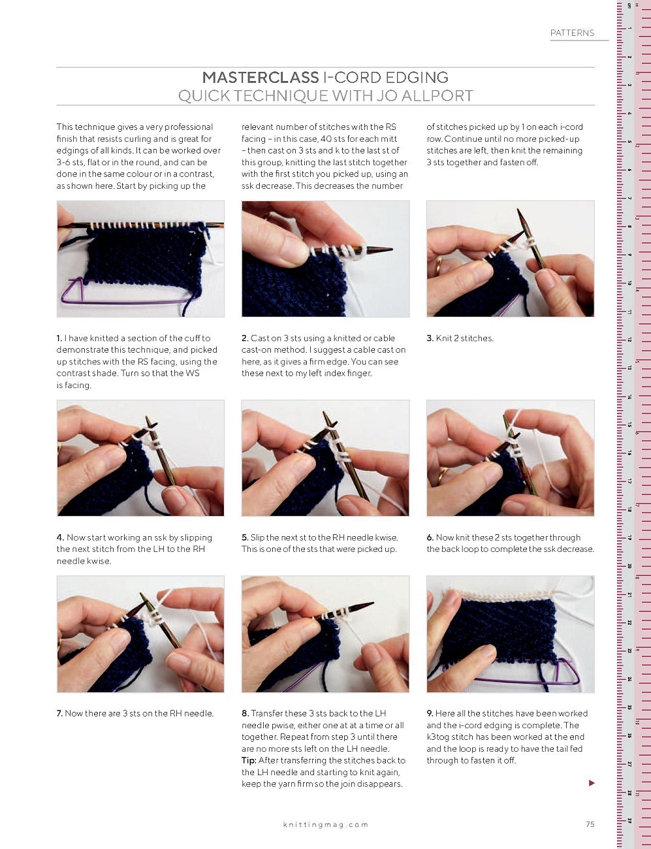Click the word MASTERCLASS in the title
coord(261,77)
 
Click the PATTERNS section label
coord(572,33)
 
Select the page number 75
coord(590,824)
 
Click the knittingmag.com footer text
coord(326,824)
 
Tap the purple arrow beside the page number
coord(592,782)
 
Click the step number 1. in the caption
coord(59,338)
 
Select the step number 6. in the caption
coord(430,537)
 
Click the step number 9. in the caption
coord(430,713)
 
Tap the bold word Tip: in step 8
coord(249,760)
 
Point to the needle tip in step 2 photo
coord(392,249)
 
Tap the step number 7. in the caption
coord(59,713)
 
